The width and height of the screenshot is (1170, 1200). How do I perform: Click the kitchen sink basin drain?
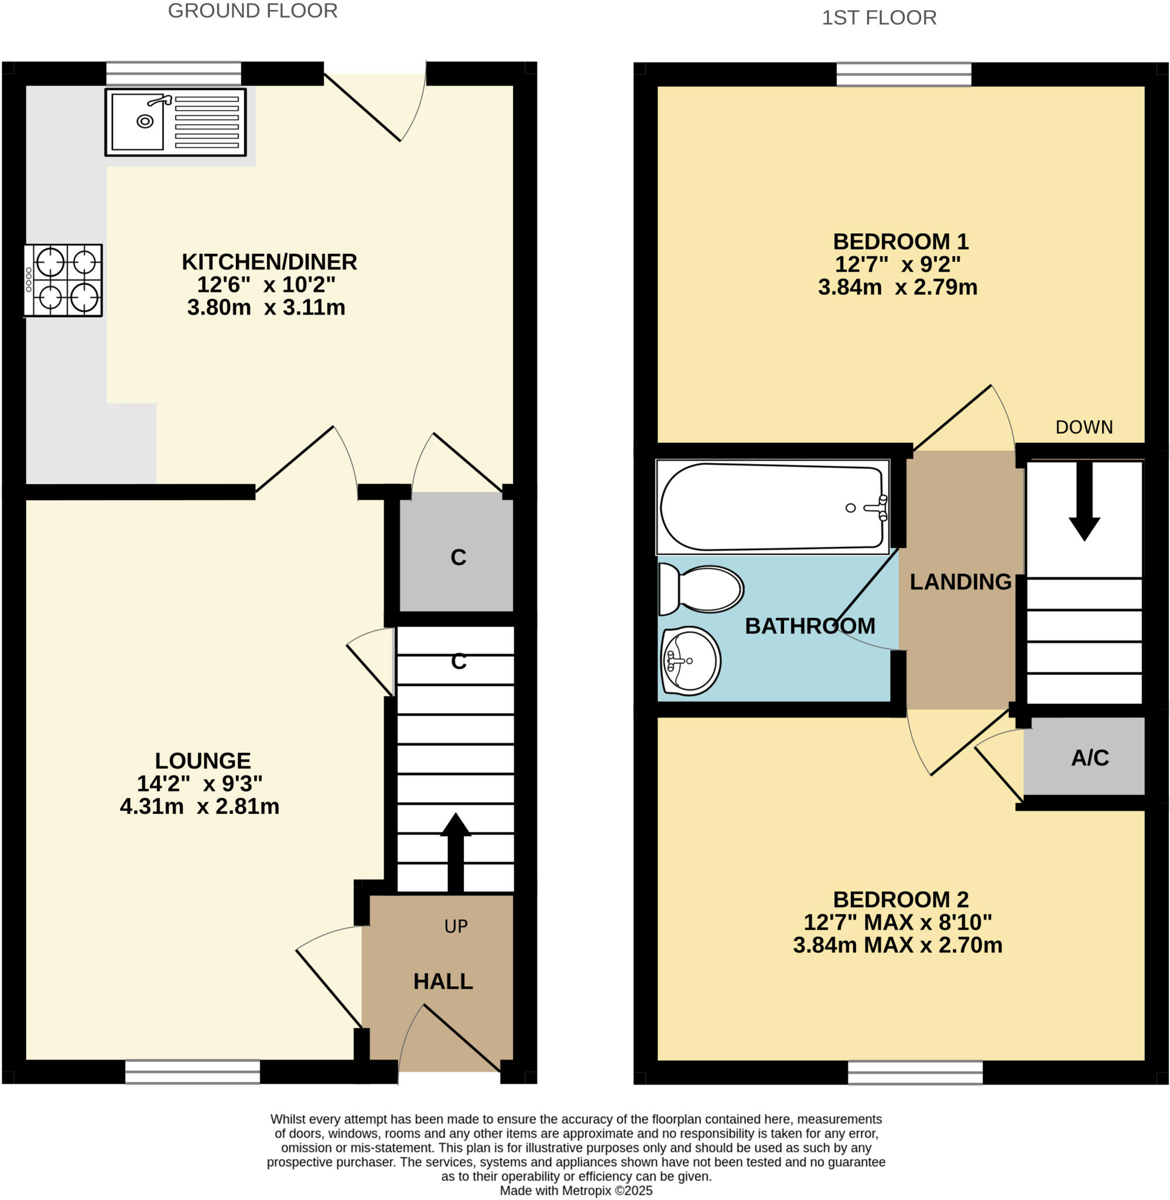(x=145, y=121)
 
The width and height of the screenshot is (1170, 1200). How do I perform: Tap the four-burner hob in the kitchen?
(x=63, y=280)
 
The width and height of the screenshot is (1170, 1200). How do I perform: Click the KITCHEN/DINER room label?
(x=269, y=262)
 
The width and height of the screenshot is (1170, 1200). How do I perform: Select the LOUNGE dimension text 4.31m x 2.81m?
(x=199, y=806)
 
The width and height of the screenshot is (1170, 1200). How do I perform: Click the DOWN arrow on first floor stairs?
(x=1084, y=502)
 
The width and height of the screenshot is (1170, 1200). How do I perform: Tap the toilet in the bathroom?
(x=702, y=589)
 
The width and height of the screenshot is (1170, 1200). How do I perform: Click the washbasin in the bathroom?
(x=690, y=661)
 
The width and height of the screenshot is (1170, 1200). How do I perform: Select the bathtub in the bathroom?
(x=772, y=507)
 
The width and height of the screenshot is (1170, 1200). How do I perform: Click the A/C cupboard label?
(x=1090, y=758)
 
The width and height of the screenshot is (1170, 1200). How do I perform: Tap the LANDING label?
(x=960, y=582)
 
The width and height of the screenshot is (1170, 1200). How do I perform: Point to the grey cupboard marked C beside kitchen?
(x=457, y=557)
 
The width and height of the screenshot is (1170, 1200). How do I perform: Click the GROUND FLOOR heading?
(x=252, y=11)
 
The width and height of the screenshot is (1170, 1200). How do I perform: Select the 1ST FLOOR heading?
(x=879, y=18)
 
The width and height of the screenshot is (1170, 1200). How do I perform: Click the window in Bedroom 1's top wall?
(x=904, y=74)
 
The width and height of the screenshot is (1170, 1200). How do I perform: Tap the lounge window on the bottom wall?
(x=192, y=1072)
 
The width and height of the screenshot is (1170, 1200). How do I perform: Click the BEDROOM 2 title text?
(x=900, y=899)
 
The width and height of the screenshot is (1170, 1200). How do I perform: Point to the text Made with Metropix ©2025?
(x=576, y=1191)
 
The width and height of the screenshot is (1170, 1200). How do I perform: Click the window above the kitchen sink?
(x=173, y=74)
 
